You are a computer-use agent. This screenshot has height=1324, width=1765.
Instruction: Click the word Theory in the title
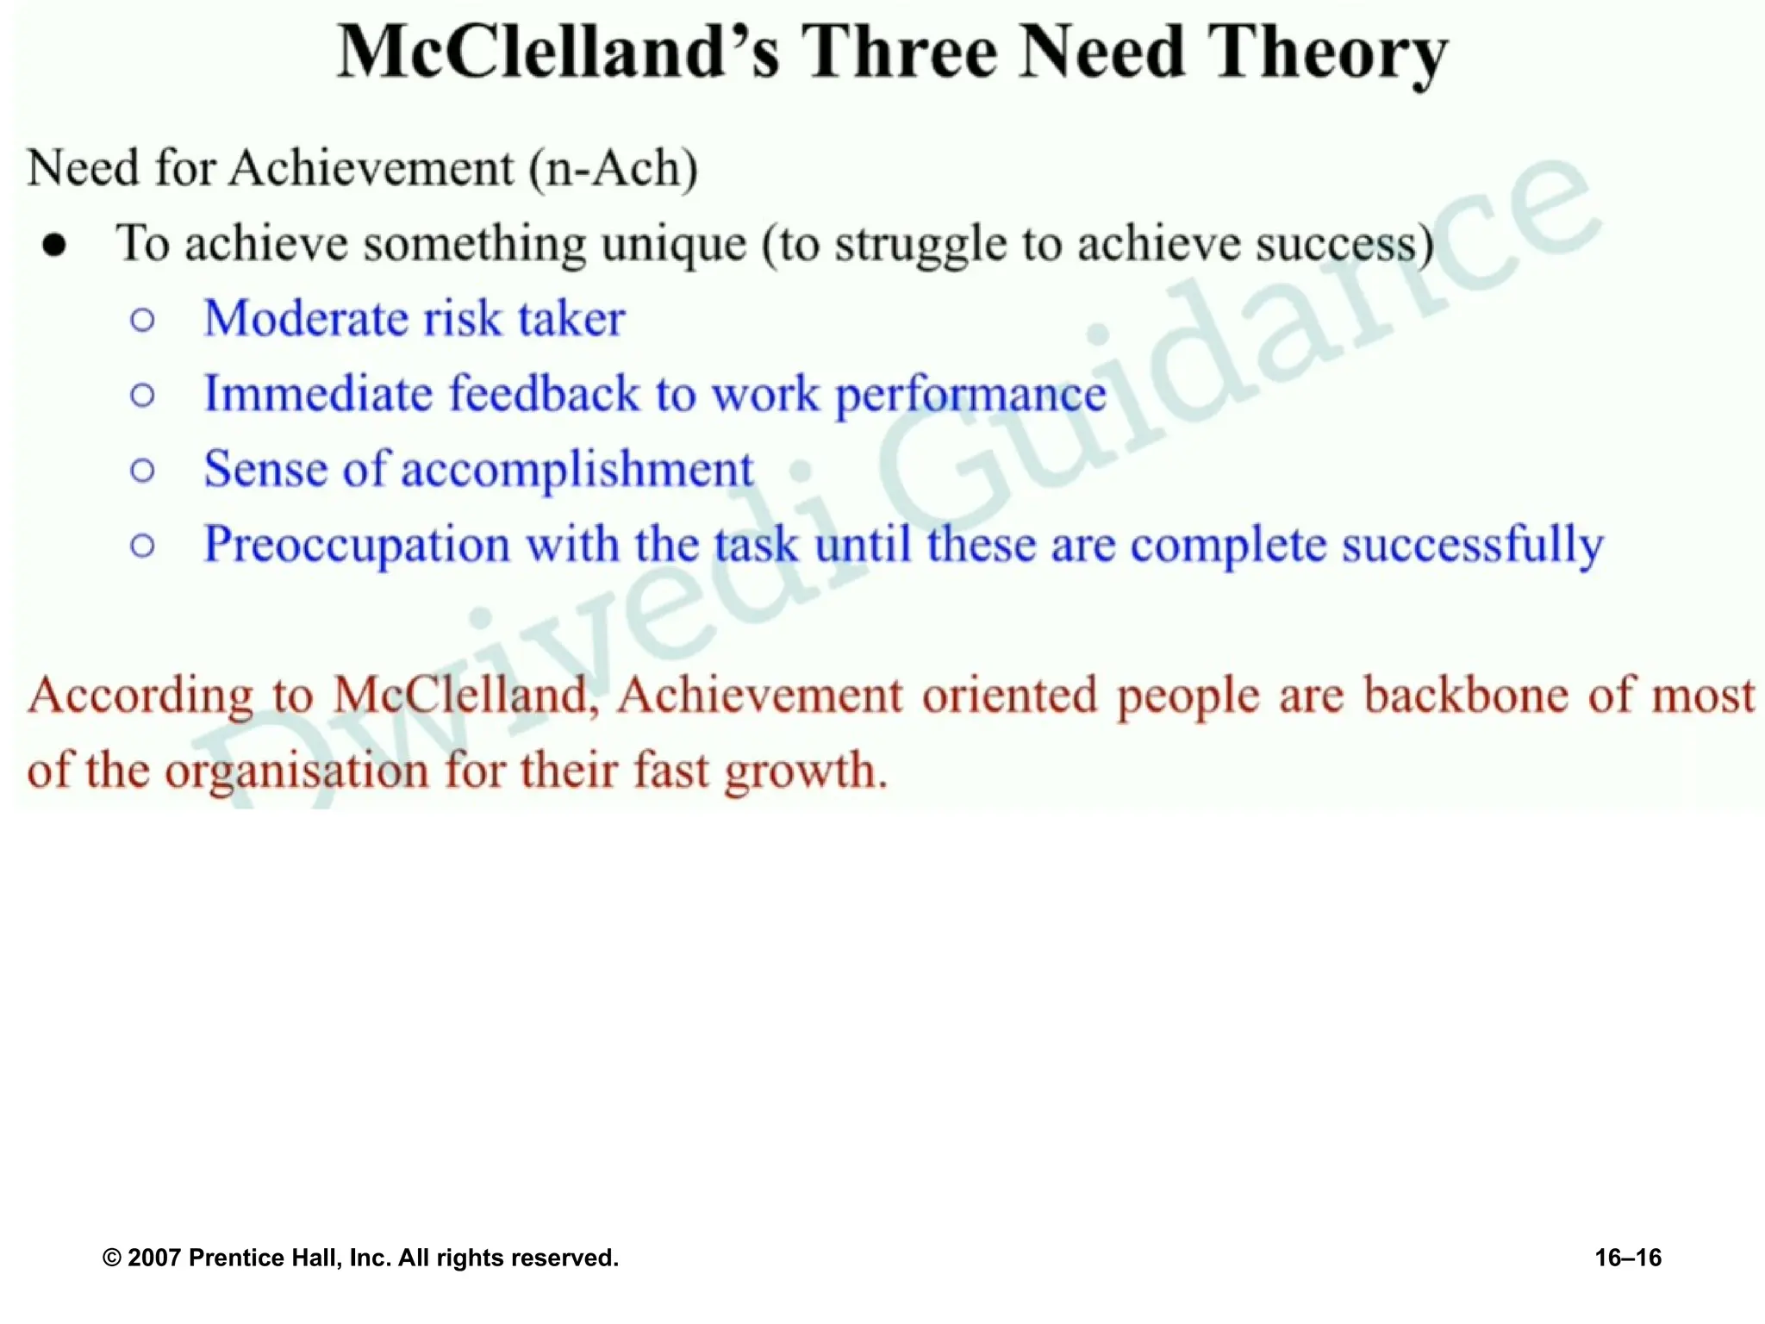click(x=1326, y=53)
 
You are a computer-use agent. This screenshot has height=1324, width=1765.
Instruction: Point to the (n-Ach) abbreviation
click(x=613, y=168)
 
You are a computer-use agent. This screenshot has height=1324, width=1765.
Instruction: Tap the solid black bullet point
click(x=54, y=246)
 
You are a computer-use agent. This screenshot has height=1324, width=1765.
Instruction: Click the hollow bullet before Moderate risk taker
click(x=143, y=321)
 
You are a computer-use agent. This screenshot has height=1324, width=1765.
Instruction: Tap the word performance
click(x=971, y=396)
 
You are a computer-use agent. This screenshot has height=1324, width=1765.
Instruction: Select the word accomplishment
click(x=577, y=470)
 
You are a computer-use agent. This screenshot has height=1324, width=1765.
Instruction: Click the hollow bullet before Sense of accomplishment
click(x=143, y=471)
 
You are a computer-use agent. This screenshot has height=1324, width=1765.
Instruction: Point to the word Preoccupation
click(x=357, y=546)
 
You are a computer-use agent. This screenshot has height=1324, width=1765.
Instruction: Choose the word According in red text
click(x=140, y=696)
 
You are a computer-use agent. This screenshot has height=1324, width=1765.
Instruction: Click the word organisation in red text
click(x=296, y=771)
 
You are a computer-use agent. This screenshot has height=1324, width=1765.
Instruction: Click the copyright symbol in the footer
click(x=111, y=1258)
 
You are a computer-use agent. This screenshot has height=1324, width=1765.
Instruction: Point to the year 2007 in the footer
click(x=154, y=1258)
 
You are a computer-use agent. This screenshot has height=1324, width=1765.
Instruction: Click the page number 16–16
click(x=1628, y=1258)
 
